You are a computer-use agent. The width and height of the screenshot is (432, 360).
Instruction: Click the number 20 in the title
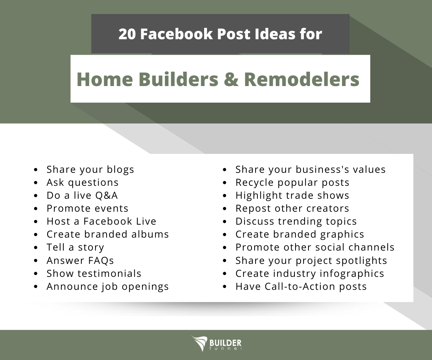[127, 34]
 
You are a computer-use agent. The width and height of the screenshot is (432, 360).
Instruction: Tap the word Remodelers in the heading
[302, 79]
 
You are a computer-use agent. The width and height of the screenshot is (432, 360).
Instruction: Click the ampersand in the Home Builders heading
[231, 80]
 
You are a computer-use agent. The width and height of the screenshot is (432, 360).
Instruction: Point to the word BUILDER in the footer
[225, 343]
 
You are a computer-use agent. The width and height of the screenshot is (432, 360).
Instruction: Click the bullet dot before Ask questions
[36, 183]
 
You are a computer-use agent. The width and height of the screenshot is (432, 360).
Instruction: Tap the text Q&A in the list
[107, 195]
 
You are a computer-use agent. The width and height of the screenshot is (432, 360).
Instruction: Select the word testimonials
[109, 273]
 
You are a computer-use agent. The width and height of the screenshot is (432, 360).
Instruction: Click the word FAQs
[101, 261]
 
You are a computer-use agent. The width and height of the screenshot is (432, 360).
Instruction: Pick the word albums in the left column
[150, 234]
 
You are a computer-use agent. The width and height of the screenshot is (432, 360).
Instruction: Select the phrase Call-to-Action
[300, 286]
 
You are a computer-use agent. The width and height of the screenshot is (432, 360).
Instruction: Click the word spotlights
[361, 261]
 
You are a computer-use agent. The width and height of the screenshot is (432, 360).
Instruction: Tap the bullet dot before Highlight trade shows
[225, 196]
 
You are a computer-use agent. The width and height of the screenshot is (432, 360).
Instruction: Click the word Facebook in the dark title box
[177, 34]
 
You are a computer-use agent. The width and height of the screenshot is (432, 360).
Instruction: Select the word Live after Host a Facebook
[146, 221]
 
